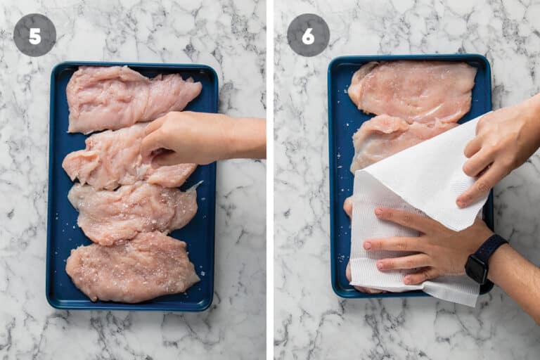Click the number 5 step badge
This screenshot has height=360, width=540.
click(x=34, y=35)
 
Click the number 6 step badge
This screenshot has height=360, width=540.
click(x=308, y=35)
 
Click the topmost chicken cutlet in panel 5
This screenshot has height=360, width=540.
click(x=131, y=98)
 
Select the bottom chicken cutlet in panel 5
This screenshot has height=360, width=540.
click(x=133, y=267)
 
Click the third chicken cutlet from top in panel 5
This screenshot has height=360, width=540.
click(x=134, y=212)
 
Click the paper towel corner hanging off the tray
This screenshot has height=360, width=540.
click(x=455, y=292)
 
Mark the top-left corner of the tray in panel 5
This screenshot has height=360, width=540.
click(x=52, y=65)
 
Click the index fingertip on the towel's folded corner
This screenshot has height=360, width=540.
click(x=461, y=203)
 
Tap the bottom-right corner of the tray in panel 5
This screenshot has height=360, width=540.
click(x=211, y=308)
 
